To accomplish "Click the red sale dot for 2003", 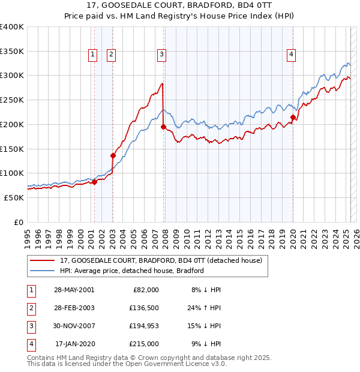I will (113, 155).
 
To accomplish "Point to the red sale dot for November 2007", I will (163, 127).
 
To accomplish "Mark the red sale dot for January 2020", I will (293, 117).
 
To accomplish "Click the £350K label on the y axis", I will (12, 51).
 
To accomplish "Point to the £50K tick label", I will (14, 197).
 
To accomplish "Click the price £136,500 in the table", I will (144, 308).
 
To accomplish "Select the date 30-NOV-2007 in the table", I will (74, 326).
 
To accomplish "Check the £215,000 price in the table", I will (144, 344).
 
